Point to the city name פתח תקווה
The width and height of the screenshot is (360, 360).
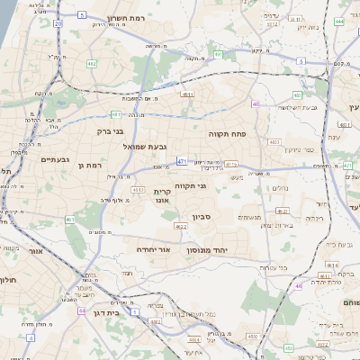pos(233,134)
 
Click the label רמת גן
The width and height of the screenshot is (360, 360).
pos(90,166)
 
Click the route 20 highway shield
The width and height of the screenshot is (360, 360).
pos(58,23)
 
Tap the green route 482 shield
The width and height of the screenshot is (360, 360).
pos(92,64)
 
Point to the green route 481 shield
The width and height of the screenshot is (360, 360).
pos(116,114)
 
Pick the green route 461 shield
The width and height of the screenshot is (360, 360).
pos(69,219)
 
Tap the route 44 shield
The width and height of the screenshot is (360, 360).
pos(81,310)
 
